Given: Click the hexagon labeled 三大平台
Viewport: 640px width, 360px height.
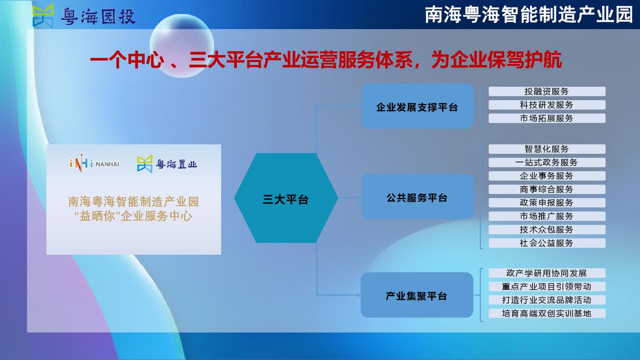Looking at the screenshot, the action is [x=286, y=198].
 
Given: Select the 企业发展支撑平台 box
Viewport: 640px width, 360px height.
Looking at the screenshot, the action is [x=417, y=106].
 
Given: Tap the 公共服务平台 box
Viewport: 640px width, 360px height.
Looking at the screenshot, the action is [x=417, y=197].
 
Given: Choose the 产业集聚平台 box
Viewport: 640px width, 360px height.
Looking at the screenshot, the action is [x=417, y=295].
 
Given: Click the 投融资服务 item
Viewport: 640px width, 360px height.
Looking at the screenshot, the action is [x=547, y=91].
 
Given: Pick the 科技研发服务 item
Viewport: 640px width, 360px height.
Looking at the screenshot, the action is [x=547, y=105].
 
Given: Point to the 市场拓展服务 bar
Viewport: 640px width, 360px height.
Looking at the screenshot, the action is [x=547, y=118].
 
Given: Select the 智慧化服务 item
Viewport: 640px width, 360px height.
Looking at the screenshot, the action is [x=547, y=149].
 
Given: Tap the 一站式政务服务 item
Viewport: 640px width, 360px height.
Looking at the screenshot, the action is [x=547, y=162].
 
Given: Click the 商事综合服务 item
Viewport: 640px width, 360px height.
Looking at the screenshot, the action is [x=547, y=189].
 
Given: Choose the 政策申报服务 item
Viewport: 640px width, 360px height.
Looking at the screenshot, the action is [x=547, y=202].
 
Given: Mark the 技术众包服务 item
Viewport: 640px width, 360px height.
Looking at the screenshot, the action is [x=547, y=229].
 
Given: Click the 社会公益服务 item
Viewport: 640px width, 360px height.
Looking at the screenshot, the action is [x=547, y=243].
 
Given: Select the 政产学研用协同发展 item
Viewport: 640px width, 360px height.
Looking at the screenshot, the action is [x=547, y=273].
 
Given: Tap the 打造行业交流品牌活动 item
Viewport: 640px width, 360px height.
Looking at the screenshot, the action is [x=547, y=300].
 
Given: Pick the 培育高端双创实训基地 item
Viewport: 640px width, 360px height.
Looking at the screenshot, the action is [x=547, y=313].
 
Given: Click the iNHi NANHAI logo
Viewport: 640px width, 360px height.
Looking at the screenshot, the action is [x=94, y=163].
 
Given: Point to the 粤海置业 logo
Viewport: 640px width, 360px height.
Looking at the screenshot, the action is [x=167, y=163].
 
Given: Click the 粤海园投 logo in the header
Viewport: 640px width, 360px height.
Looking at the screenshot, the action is [x=84, y=16].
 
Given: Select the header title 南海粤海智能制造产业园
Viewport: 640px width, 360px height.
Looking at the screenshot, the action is [x=529, y=15].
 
